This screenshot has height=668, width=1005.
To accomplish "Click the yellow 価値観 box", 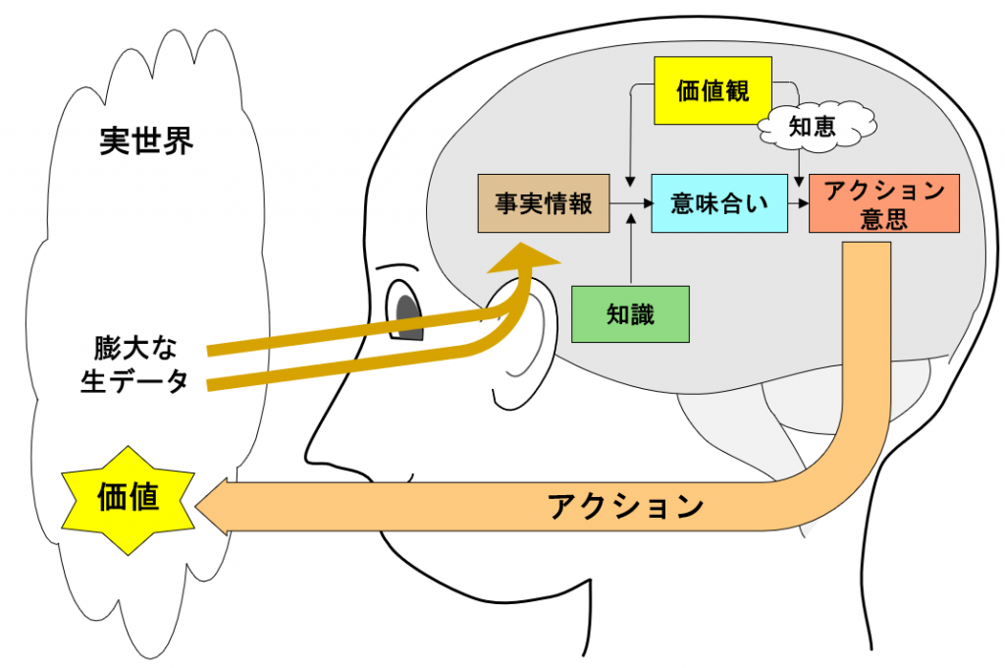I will (714, 90).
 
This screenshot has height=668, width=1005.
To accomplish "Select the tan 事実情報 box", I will (543, 204).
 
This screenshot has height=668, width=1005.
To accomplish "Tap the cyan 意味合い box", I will (719, 204).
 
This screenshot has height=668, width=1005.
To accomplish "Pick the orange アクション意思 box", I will (883, 204).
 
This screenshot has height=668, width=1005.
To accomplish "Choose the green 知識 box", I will (630, 314).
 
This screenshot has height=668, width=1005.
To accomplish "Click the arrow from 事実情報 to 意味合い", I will (630, 204).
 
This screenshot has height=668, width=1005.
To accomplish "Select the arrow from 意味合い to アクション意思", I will (798, 204).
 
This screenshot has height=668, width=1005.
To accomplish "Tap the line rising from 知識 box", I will (630, 255).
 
